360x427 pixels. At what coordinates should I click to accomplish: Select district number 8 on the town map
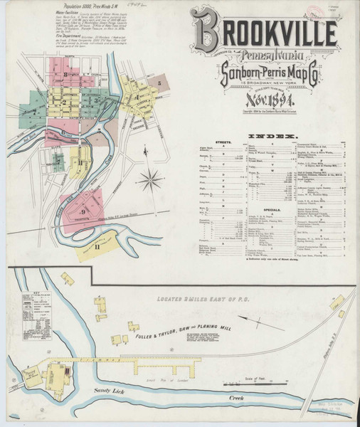pyautogui.click(x=65, y=74)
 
